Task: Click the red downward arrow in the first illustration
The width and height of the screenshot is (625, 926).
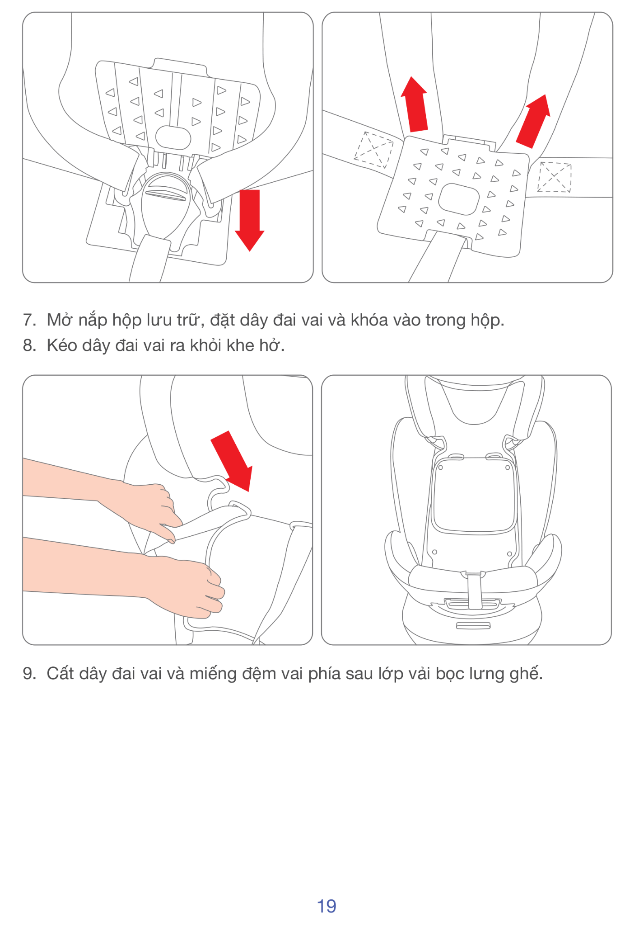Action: point(249,219)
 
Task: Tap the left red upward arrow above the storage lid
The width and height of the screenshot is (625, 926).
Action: point(415,105)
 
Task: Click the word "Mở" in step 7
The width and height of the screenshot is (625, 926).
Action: point(59,320)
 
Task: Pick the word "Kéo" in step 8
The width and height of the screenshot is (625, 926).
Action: point(62,345)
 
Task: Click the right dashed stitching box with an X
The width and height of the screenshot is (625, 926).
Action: point(554,177)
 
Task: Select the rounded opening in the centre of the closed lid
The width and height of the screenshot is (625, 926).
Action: point(458,199)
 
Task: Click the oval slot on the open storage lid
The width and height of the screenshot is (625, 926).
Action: point(173,137)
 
